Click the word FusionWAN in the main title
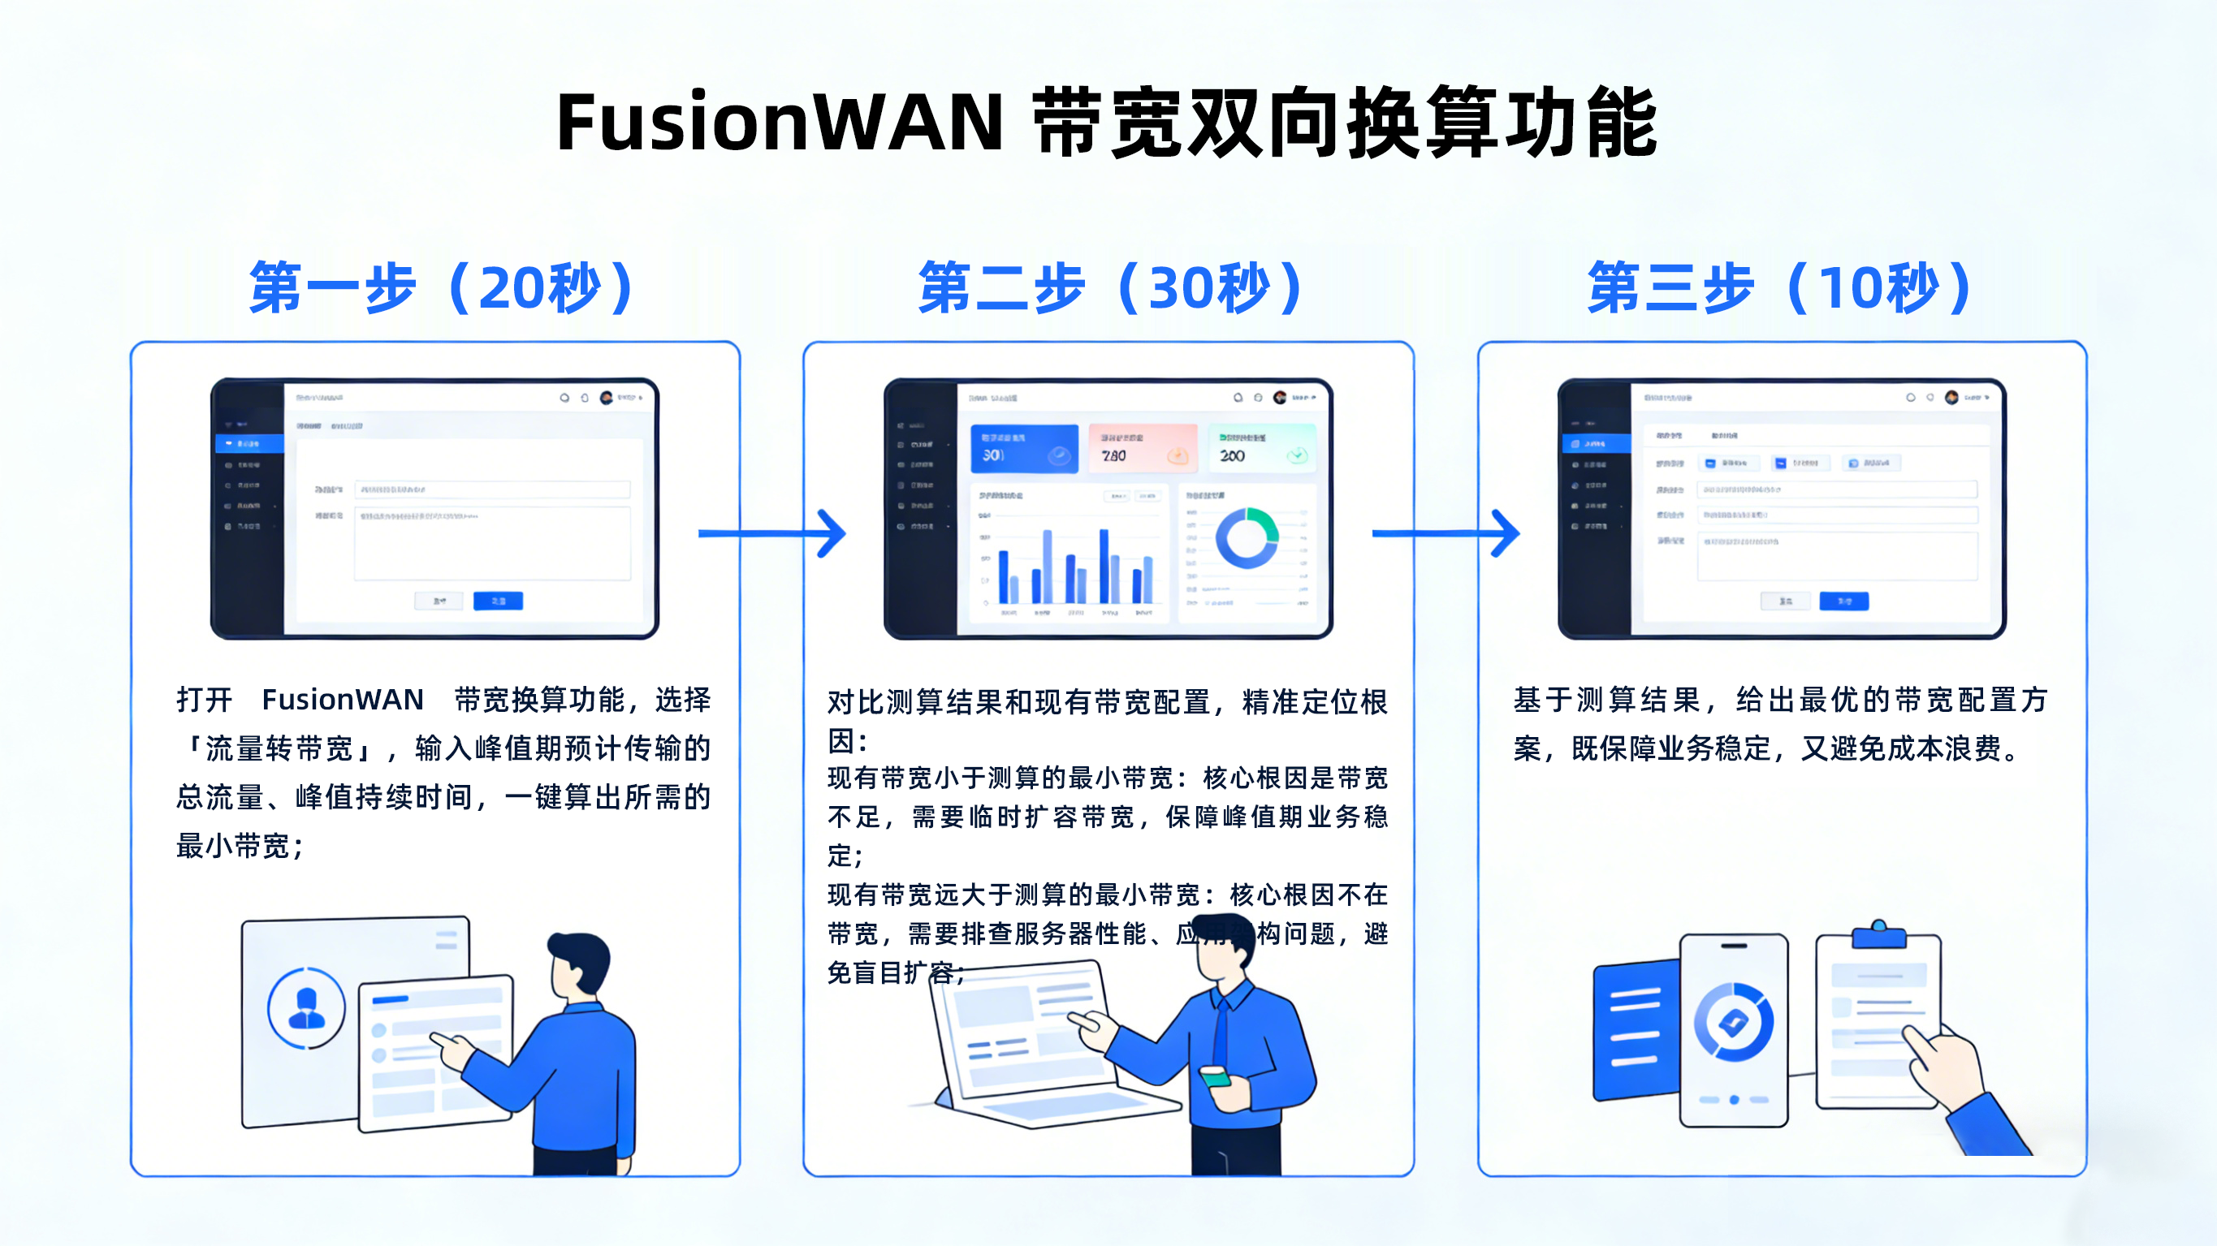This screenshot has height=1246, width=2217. [779, 123]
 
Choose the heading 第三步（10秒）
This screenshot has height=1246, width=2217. [1781, 288]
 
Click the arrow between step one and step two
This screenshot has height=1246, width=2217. [772, 533]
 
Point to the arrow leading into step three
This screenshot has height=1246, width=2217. [1446, 533]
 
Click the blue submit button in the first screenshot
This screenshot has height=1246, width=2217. [498, 601]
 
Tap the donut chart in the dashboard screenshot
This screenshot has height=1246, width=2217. [1247, 538]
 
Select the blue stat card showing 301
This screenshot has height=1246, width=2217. [1024, 448]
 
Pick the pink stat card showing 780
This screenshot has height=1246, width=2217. [1143, 448]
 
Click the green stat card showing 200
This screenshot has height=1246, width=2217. [1262, 448]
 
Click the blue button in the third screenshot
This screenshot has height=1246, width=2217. [1843, 601]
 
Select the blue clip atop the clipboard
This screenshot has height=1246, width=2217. [1879, 934]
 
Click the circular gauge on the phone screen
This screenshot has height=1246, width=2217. [1732, 1022]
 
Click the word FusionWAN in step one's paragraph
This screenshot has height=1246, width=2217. [343, 700]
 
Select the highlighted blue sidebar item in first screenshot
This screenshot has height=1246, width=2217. [248, 443]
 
